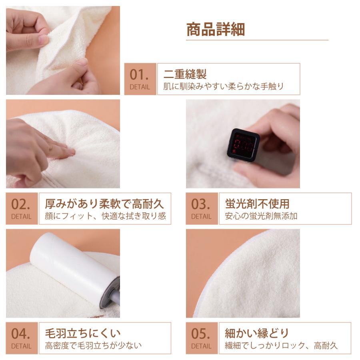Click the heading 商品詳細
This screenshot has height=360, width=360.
[x=216, y=29]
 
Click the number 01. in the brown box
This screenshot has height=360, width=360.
[x=140, y=74]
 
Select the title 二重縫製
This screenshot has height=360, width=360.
[x=185, y=74]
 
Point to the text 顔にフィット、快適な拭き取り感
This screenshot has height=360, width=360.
[x=105, y=216]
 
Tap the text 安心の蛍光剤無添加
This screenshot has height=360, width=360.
[x=261, y=216]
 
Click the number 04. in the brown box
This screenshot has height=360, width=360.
[x=21, y=333]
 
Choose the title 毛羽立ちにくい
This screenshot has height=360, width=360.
[x=83, y=333]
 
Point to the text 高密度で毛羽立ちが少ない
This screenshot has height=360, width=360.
[x=93, y=345]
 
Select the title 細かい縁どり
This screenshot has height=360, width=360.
[x=256, y=333]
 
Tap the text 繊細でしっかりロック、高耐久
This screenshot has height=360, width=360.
[x=281, y=346]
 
